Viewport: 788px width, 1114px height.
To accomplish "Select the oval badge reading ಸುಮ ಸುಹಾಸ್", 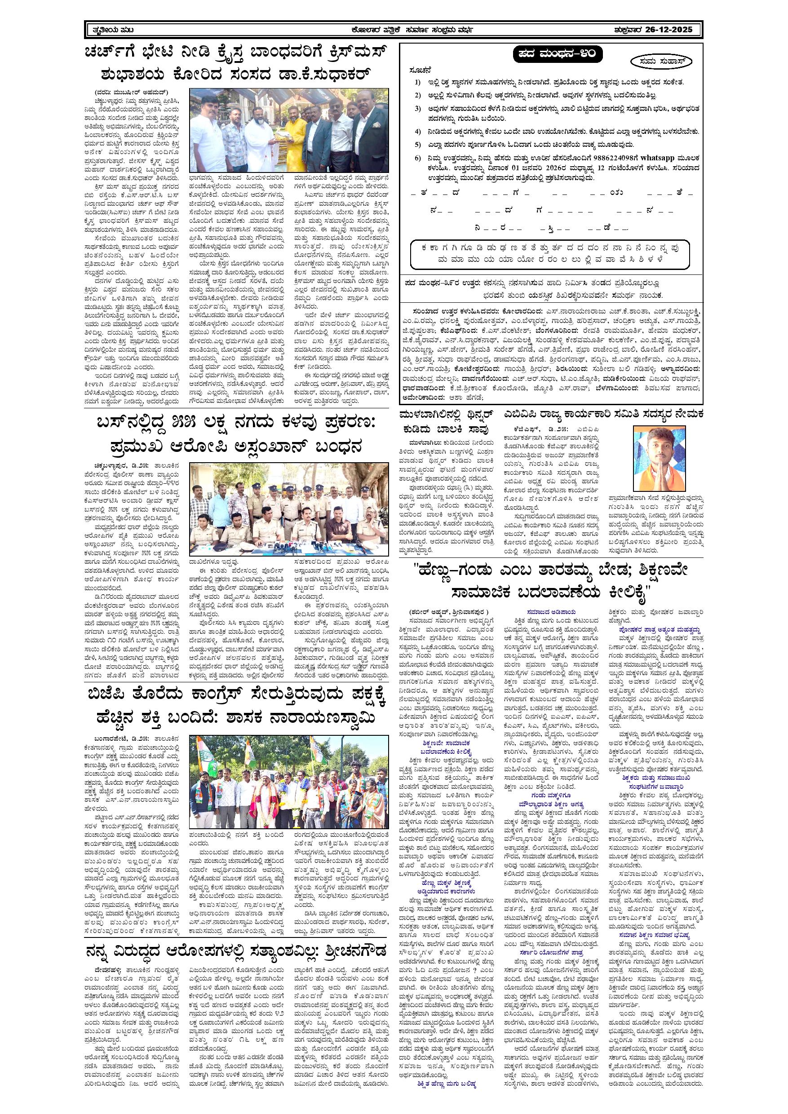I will point(662,62).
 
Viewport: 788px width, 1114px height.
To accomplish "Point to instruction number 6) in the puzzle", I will point(418,158).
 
